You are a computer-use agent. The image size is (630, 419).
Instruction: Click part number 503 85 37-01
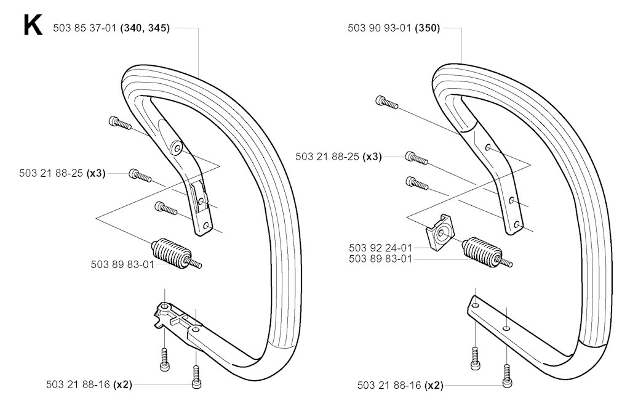pos(85,28)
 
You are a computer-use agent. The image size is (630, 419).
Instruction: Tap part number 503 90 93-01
pos(379,28)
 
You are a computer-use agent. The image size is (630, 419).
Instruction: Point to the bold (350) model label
pos(428,28)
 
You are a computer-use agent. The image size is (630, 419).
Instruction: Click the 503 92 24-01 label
pos(380,248)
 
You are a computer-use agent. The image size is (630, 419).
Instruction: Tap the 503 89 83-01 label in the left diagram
pos(122,265)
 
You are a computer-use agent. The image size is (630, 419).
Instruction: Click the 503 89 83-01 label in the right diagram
pos(380,259)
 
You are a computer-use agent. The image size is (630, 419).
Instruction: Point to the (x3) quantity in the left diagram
pos(96,174)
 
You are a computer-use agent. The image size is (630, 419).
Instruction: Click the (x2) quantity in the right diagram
pos(434,386)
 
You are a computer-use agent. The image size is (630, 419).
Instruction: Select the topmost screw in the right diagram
pos(387,102)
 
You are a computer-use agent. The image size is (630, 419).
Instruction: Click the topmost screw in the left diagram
pos(120,123)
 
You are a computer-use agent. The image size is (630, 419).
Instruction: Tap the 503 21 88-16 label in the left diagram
pos(78,384)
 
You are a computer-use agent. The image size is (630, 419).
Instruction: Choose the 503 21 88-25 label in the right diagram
pos(327,157)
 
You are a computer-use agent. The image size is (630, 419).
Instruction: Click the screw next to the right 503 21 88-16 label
pos(507,375)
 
